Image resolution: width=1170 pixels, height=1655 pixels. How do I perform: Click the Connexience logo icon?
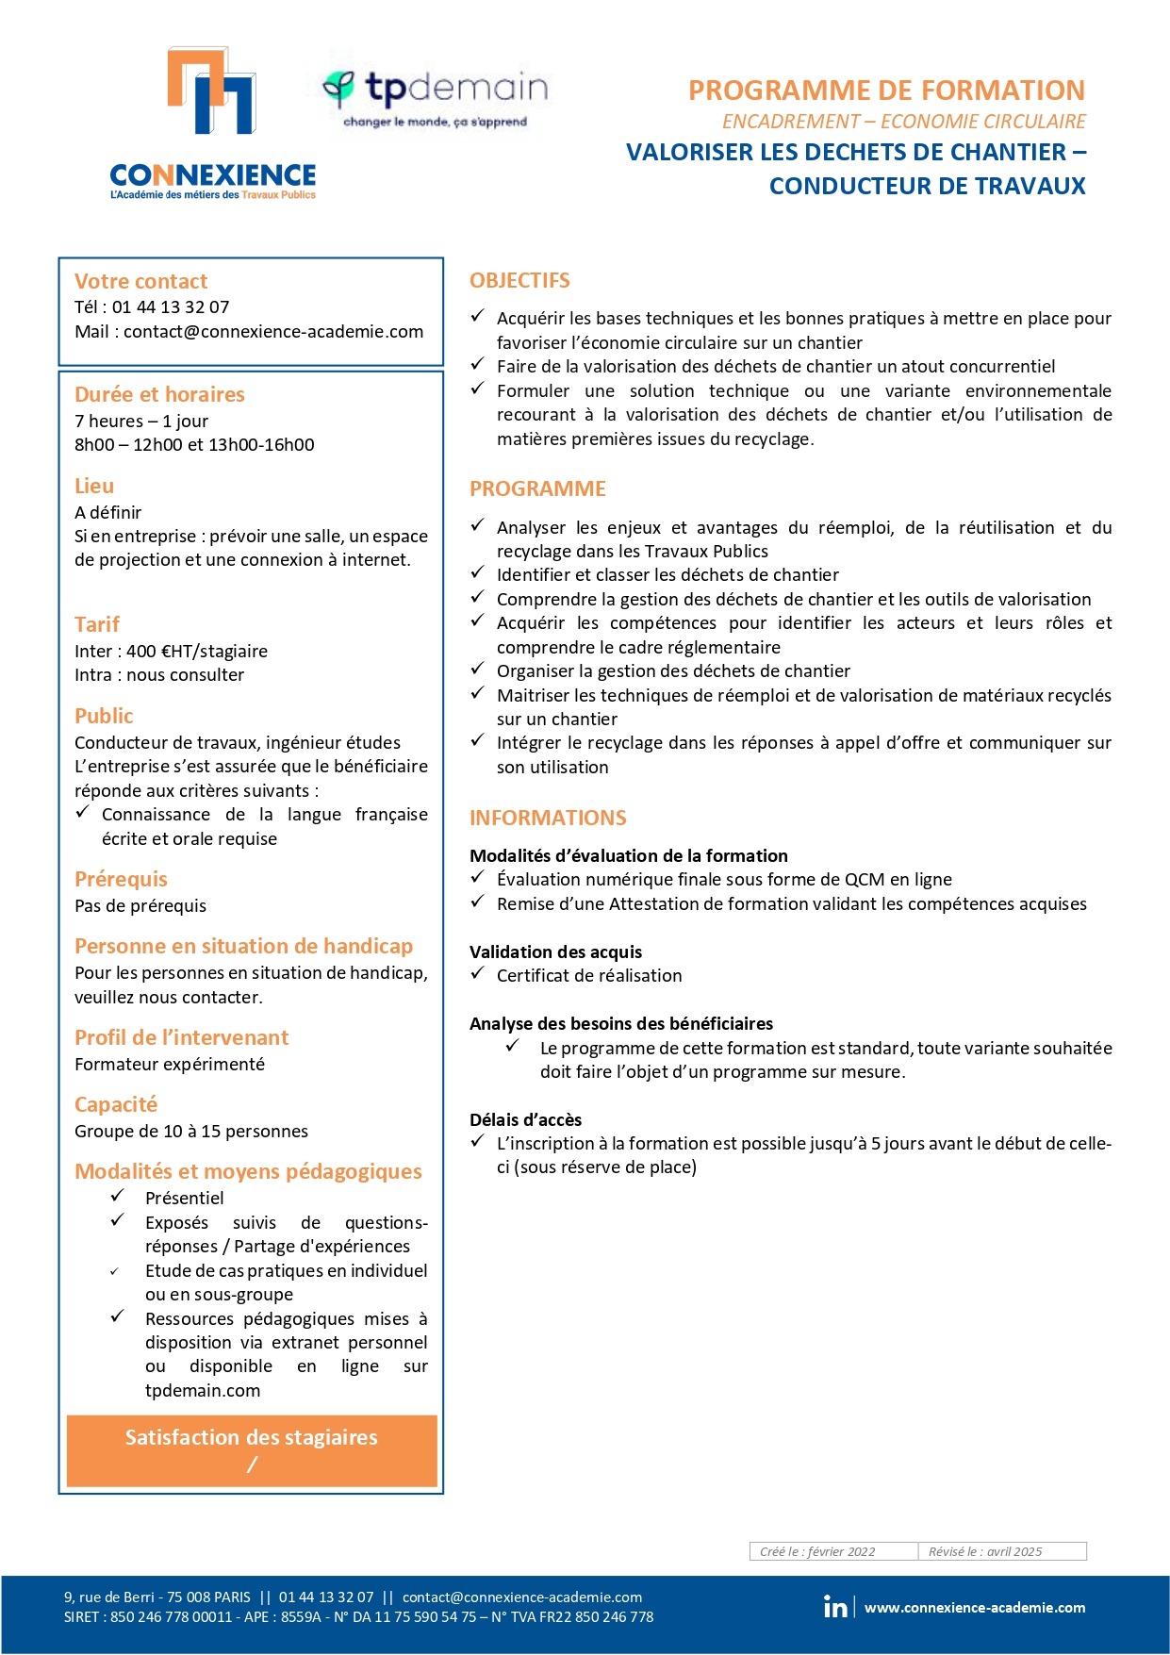pos(212,91)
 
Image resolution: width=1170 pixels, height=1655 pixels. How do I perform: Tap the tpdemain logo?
pos(435,97)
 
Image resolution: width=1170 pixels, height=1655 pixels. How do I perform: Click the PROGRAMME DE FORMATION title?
pos(886,91)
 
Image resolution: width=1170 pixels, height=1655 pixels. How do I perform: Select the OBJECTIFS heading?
pos(519,280)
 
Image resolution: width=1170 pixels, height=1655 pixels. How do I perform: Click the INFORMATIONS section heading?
pos(548,818)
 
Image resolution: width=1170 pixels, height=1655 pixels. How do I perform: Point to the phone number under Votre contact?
pos(171,306)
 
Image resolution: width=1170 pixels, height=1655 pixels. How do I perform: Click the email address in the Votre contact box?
pos(273,331)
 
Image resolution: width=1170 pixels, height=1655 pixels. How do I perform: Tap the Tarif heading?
pos(97,624)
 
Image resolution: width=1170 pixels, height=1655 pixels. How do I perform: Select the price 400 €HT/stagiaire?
pos(197,651)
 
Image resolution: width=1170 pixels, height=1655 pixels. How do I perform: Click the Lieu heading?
pos(94,486)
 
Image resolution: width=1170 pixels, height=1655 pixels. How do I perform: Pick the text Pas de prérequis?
pos(140,905)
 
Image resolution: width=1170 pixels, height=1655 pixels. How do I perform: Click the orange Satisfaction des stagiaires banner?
pos(252,1450)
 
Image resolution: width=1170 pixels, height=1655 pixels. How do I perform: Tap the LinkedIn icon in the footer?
pos(835,1607)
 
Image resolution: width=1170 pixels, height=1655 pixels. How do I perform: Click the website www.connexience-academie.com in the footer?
pos(975,1608)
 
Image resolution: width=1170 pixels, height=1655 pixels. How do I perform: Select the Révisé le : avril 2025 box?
pos(1001,1551)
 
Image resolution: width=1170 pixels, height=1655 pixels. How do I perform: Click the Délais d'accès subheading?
pos(526,1119)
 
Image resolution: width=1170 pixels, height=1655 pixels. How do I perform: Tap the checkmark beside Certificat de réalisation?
pos(478,973)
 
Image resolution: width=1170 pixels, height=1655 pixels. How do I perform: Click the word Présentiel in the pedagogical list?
pos(185,1198)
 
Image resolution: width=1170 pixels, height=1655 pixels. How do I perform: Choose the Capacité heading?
pos(116,1104)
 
